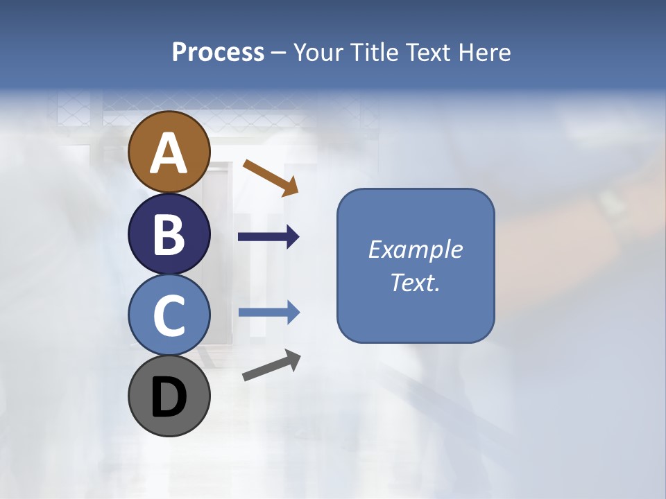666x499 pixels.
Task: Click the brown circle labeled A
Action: pyautogui.click(x=169, y=152)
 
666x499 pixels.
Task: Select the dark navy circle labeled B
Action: pyautogui.click(x=169, y=234)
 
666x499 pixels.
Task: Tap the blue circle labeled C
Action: pyautogui.click(x=169, y=315)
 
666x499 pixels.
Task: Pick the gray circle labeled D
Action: pyautogui.click(x=169, y=396)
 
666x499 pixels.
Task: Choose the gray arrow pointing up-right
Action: pyautogui.click(x=271, y=365)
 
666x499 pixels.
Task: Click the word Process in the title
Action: pyautogui.click(x=218, y=53)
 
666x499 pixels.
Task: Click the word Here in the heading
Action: pyautogui.click(x=484, y=53)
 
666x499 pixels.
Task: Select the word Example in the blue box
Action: pyautogui.click(x=416, y=249)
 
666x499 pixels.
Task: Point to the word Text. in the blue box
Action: pyautogui.click(x=416, y=282)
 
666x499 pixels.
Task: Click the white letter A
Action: pyautogui.click(x=169, y=153)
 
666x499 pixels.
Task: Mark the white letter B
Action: pyautogui.click(x=169, y=234)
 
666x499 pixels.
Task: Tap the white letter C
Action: pyautogui.click(x=169, y=315)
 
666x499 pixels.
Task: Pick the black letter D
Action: pyautogui.click(x=169, y=397)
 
